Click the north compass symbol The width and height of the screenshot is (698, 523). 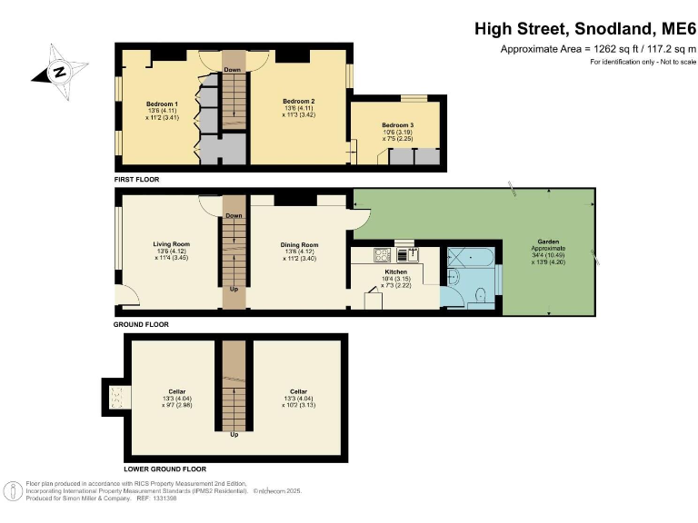tap(59, 72)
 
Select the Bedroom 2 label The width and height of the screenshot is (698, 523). tap(298, 100)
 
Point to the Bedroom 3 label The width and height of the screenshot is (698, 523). tap(397, 124)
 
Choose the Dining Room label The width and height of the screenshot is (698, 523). tap(299, 244)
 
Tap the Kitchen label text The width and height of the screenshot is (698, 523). tap(395, 271)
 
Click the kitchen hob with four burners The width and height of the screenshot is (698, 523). tap(382, 254)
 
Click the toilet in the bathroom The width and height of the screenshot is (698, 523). tap(482, 294)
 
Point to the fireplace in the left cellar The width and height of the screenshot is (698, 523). tap(115, 395)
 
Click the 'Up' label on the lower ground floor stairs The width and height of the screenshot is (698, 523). tap(234, 434)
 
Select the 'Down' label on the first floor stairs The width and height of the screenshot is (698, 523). tap(233, 69)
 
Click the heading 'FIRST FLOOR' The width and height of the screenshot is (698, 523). tap(136, 180)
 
